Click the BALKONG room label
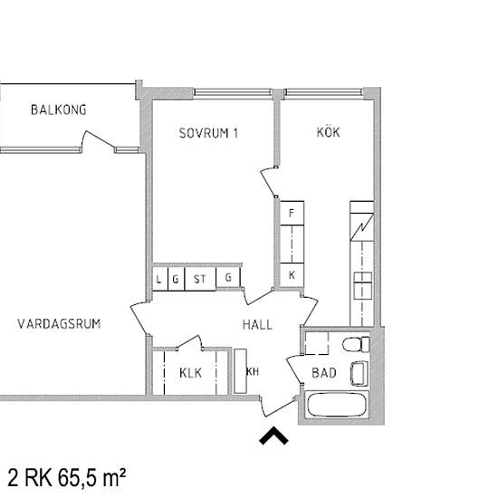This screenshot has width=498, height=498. (58, 110)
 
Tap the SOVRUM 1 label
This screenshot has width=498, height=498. (208, 133)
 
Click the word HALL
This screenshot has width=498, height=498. (257, 324)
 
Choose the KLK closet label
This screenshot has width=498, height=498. (190, 372)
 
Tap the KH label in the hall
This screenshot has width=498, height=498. (253, 371)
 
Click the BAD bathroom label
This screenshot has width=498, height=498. (323, 372)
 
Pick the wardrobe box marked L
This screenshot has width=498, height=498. (159, 278)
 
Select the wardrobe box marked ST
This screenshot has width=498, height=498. (200, 278)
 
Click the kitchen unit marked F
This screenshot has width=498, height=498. (291, 213)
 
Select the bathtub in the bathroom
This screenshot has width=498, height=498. (337, 406)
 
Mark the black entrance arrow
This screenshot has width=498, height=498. (273, 436)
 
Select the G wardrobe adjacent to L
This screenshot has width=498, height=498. (175, 278)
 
